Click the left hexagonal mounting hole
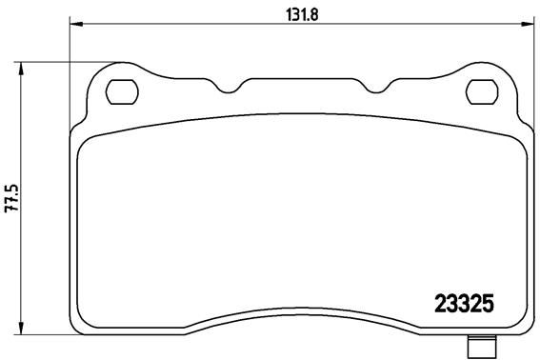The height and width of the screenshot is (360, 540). (120, 92)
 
